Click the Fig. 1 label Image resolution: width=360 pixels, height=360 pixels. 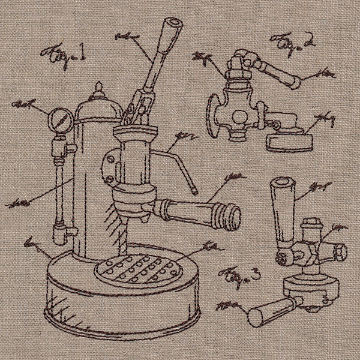tap(63, 58)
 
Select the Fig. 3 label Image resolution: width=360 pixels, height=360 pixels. tap(239, 277)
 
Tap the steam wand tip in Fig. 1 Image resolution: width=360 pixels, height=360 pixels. tap(194, 190)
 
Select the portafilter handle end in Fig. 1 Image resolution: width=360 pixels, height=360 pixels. tap(229, 216)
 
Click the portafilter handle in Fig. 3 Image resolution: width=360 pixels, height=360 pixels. tap(267, 310)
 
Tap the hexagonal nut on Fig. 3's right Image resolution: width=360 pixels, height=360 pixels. tap(340, 250)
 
